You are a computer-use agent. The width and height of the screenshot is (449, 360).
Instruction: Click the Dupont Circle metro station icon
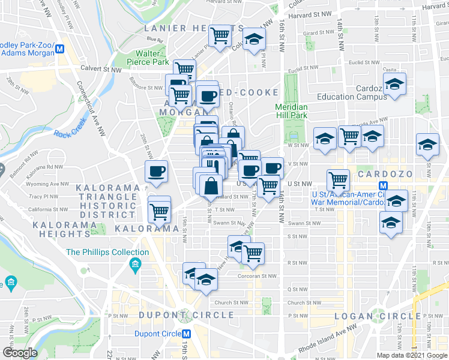coord(187,334)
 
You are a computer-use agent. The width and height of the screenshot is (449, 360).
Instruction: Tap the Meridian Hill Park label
coord(291,111)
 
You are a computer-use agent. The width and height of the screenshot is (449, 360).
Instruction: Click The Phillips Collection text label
coord(98,252)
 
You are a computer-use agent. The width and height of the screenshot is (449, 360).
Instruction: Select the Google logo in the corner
coord(19,352)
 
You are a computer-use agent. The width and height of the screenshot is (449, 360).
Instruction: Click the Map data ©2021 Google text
coord(412,355)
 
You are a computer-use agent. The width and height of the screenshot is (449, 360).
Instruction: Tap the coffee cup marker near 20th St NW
coord(157,172)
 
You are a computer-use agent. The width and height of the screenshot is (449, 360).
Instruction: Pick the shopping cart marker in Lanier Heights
coord(220,36)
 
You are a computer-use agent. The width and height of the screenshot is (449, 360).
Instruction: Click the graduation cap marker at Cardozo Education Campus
coord(394,84)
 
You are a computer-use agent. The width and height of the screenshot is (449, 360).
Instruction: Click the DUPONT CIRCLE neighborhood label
coord(186,315)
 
